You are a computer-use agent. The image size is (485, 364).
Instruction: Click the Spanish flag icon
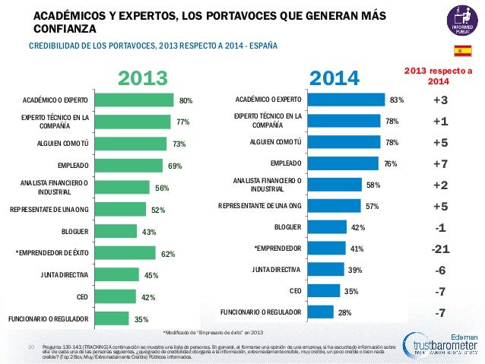pyautogui.click(x=462, y=50)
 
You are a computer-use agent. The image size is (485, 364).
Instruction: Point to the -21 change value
pyautogui.click(x=439, y=248)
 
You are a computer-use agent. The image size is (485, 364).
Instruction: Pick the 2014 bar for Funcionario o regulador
pyautogui.click(x=324, y=312)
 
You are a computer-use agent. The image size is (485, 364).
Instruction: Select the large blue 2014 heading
pyautogui.click(x=335, y=78)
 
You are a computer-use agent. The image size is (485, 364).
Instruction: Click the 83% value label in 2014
pyautogui.click(x=396, y=100)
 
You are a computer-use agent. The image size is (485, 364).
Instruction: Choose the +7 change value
pyautogui.click(x=439, y=163)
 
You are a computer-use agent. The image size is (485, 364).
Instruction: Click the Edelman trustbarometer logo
pyautogui.click(x=436, y=346)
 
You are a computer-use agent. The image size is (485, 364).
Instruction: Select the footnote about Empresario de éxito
pyautogui.click(x=213, y=332)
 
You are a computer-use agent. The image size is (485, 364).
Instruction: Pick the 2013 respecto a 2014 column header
pyautogui.click(x=438, y=76)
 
